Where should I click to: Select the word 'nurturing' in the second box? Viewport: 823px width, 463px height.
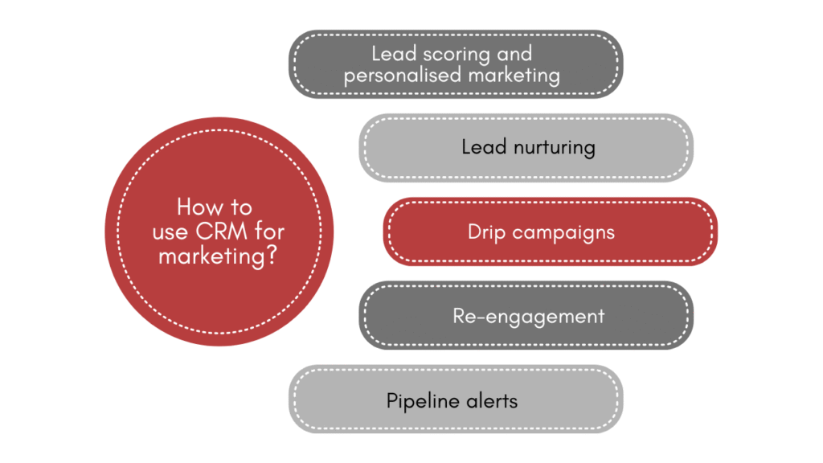553,148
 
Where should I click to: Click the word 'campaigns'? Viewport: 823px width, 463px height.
563,233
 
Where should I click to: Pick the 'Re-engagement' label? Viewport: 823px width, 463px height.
528,316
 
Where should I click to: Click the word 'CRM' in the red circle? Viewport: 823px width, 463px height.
219,231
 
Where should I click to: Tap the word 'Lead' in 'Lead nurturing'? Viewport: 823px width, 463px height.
483,148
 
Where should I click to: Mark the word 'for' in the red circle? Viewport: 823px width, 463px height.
268,231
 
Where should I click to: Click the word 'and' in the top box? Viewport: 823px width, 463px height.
514,55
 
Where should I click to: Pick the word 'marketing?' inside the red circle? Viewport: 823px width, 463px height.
219,256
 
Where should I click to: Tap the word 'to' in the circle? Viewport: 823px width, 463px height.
240,207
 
